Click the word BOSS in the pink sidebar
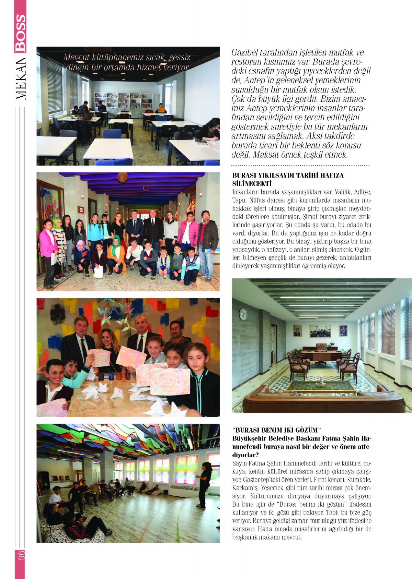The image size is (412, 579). pos(20,33)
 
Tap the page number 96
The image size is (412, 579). pos(20,555)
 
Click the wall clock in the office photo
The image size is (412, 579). pos(243,314)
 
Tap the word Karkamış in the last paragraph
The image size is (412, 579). pos(245,488)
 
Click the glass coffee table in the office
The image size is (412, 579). pos(321,387)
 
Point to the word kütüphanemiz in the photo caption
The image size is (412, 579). pos(117,57)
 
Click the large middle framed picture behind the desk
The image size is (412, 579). pos(320,331)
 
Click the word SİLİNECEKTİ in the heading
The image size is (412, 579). pos(252,184)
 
